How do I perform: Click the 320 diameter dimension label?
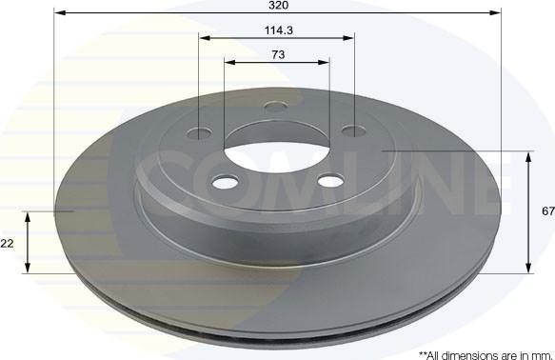[x=279, y=6]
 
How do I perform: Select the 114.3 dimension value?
[x=279, y=30]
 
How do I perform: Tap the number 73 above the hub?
[x=278, y=55]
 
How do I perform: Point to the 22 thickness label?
[x=7, y=244]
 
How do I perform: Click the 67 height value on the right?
[x=548, y=211]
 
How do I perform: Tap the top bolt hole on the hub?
[x=276, y=107]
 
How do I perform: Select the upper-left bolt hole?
[x=199, y=133]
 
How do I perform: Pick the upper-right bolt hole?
[x=354, y=131]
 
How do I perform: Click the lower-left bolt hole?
[x=225, y=182]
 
